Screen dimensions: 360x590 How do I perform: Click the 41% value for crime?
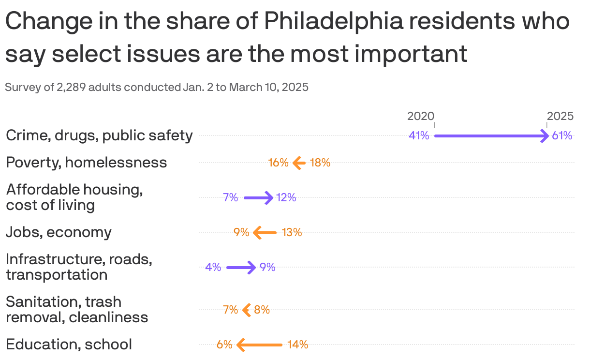pyautogui.click(x=419, y=135)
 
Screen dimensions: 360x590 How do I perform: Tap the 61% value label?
pyautogui.click(x=562, y=135)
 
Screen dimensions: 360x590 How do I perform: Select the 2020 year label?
pyautogui.click(x=420, y=116)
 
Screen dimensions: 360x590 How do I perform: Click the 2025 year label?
pyautogui.click(x=560, y=116)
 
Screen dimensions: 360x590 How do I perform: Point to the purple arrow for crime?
pyautogui.click(x=491, y=136)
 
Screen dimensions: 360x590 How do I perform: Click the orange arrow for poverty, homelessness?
pyautogui.click(x=299, y=163)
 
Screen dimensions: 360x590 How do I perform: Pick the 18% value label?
pyautogui.click(x=320, y=163)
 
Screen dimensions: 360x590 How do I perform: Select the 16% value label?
pyautogui.click(x=278, y=163)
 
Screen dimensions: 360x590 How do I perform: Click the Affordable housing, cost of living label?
pyautogui.click(x=74, y=197)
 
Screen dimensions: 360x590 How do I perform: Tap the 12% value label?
pyautogui.click(x=286, y=197)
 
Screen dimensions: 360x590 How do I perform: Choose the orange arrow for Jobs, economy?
pyautogui.click(x=265, y=233)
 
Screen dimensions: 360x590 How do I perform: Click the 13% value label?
pyautogui.click(x=292, y=232)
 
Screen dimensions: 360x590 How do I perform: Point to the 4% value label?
pyautogui.click(x=213, y=267)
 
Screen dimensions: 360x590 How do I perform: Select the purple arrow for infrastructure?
pyautogui.click(x=241, y=267)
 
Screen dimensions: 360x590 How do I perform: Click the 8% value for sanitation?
pyautogui.click(x=262, y=310)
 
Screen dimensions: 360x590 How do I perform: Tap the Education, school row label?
pyautogui.click(x=69, y=344)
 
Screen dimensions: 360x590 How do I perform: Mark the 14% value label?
pyautogui.click(x=297, y=345)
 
